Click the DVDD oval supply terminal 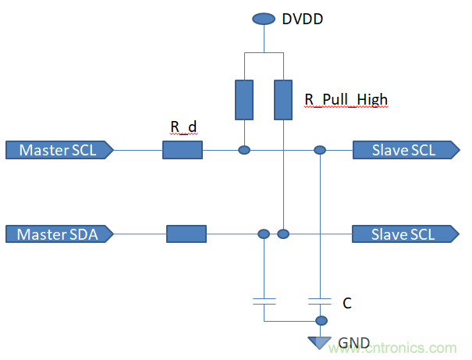(263, 18)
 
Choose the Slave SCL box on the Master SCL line (404, 150)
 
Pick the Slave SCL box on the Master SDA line (404, 233)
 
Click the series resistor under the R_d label (183, 150)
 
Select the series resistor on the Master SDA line (186, 233)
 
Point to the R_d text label (182, 127)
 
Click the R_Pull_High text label (345, 100)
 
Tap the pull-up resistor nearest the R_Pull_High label (283, 99)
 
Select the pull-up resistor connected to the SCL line (244, 99)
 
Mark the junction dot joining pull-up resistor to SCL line (244, 150)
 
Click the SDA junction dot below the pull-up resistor (283, 233)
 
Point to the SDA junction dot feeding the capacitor (264, 233)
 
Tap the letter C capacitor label (347, 301)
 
